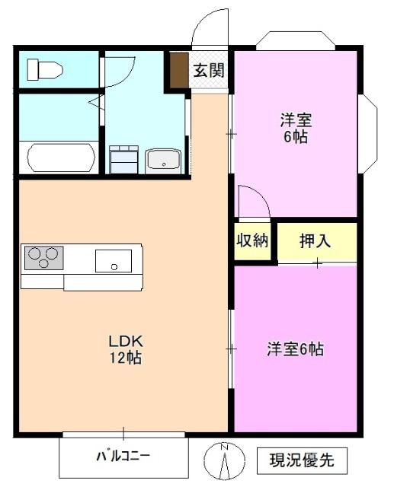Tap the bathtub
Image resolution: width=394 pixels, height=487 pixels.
(61, 158)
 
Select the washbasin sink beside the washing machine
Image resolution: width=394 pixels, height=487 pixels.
(162, 161)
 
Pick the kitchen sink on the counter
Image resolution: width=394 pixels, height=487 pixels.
(114, 261)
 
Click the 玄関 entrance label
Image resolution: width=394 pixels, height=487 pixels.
(208, 72)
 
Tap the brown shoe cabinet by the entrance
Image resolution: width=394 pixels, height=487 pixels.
(178, 71)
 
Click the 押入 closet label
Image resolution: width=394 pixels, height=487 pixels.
(315, 241)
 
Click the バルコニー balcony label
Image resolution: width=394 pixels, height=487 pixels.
(122, 457)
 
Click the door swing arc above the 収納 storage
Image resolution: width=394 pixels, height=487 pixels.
(251, 202)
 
